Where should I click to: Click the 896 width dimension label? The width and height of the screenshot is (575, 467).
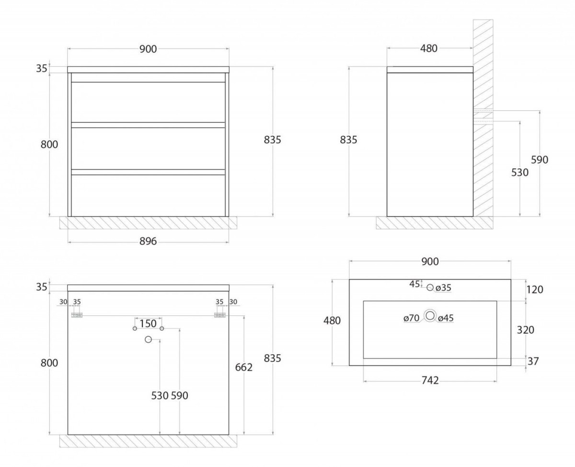[148, 241]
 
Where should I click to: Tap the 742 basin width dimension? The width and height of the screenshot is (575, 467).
[430, 381]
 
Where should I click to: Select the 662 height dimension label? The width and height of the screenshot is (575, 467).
[244, 367]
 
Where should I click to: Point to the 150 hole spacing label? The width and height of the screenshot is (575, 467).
[148, 323]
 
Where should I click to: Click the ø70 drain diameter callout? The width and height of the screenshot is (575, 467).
[412, 318]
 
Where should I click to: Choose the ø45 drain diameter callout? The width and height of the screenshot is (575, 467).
[446, 318]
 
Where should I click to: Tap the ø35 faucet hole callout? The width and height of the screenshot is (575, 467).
[443, 288]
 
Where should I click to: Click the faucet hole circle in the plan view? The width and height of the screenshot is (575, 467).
[430, 288]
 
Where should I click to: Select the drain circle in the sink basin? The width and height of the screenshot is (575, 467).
[430, 315]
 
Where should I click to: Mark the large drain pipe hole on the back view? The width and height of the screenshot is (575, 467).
[148, 339]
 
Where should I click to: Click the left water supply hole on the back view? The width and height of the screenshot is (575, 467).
[135, 328]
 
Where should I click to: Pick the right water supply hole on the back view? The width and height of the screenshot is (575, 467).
[161, 328]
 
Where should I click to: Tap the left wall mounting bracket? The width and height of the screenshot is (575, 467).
[77, 315]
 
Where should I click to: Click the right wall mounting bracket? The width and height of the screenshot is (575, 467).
[220, 315]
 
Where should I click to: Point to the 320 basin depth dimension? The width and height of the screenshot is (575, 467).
[525, 330]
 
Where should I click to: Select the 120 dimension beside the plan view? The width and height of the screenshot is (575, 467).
[534, 290]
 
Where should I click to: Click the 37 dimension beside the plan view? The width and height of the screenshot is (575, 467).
[533, 362]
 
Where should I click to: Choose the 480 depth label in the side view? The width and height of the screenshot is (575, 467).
[429, 48]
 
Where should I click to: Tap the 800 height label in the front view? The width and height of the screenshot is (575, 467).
[49, 144]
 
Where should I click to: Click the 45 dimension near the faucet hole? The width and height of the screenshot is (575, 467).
[414, 284]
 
